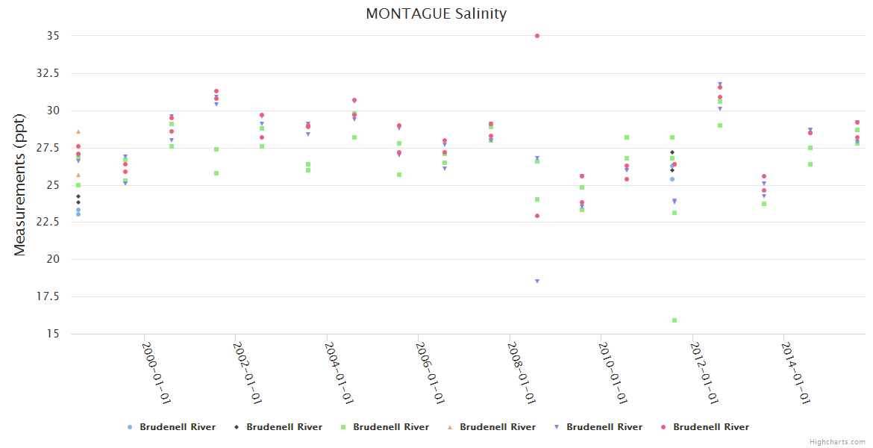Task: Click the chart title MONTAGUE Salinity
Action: point(436,13)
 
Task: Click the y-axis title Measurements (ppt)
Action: point(20,184)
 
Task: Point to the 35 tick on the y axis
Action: point(52,36)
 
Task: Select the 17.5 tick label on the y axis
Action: point(48,297)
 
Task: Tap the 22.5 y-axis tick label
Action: point(48,223)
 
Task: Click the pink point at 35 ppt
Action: point(537,36)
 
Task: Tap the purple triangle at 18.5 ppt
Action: point(537,281)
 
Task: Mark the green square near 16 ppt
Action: point(675,320)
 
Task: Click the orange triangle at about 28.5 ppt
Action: point(78,131)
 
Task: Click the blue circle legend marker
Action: point(130,427)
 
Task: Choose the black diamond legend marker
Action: point(237,427)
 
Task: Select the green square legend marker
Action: point(343,427)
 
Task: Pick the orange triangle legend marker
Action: point(450,427)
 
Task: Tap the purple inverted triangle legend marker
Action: point(557,427)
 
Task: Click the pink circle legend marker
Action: point(663,427)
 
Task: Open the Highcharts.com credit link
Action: point(837,441)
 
